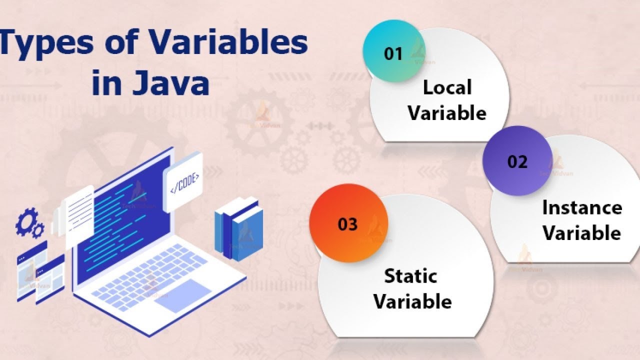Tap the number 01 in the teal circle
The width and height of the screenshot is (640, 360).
click(393, 53)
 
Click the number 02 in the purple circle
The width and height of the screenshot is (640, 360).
click(517, 161)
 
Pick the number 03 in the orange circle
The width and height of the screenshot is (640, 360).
click(348, 224)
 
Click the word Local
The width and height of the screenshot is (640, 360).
click(447, 87)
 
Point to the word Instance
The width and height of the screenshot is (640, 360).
click(582, 208)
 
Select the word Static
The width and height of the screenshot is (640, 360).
click(410, 276)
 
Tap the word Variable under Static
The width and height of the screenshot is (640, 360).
click(412, 301)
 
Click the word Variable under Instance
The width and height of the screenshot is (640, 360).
click(582, 233)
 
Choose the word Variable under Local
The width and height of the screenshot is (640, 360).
click(447, 112)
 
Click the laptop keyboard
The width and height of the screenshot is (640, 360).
click(150, 272)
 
